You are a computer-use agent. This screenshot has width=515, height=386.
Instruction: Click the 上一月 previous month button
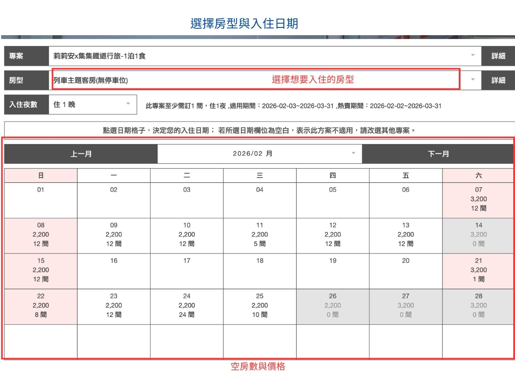(x=81, y=154)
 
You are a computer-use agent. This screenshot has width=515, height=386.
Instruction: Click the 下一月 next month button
(x=438, y=154)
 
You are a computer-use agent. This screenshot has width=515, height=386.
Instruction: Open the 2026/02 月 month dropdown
(x=259, y=154)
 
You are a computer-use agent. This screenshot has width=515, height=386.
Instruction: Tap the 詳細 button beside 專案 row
(x=498, y=56)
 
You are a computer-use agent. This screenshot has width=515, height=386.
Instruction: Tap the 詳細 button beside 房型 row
(x=498, y=80)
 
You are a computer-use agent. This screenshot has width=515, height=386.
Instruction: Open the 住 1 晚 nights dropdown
(x=93, y=104)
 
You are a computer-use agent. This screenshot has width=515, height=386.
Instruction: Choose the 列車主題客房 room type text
(x=91, y=80)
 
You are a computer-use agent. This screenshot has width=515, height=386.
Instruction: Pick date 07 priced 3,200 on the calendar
(x=478, y=199)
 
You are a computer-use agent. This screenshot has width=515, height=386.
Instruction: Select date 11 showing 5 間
(x=260, y=235)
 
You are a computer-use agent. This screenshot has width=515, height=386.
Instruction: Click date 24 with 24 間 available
(x=187, y=305)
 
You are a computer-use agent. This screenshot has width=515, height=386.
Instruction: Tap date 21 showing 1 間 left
(x=478, y=270)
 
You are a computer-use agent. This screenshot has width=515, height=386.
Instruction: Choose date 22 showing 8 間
(x=41, y=305)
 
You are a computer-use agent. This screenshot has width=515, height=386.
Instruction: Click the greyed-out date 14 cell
(x=478, y=235)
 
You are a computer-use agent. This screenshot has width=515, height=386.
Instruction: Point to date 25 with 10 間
(x=260, y=305)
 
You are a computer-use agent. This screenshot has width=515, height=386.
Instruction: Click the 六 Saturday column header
(x=478, y=175)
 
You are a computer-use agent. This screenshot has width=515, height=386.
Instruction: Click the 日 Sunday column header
(x=41, y=175)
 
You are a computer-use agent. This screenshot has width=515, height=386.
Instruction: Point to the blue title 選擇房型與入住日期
(x=244, y=23)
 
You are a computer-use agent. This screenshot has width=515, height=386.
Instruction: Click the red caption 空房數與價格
(x=258, y=367)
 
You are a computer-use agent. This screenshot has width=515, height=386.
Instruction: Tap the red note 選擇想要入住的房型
(x=313, y=79)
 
